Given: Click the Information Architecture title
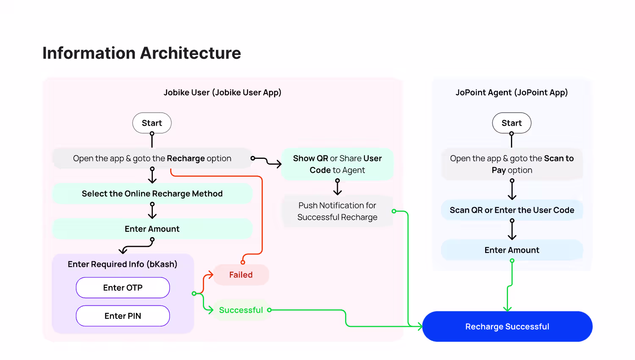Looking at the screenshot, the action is coord(141,53).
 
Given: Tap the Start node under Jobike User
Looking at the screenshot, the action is coord(152,123).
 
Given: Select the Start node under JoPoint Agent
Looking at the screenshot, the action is coord(512,123).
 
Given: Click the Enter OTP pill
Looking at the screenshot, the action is coord(123,288).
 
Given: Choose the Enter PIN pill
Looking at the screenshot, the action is coord(123,316).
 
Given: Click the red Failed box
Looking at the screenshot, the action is coord(241,274).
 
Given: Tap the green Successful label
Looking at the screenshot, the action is coord(241,310).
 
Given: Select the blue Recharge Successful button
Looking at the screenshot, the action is coord(507,327).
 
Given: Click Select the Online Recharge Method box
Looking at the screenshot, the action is coord(152,194).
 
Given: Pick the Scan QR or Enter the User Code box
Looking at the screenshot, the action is coord(512,210).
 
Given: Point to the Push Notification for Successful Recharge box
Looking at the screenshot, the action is coord(337,211).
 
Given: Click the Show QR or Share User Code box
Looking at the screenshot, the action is coord(337,164).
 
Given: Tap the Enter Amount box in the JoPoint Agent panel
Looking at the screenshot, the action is coord(512,250).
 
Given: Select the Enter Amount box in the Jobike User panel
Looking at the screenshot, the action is coord(152,229).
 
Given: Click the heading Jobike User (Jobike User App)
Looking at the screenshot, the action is coord(223,92).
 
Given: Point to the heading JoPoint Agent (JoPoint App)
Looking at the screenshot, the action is coord(512,92).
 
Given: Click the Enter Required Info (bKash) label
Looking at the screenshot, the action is coord(122,264).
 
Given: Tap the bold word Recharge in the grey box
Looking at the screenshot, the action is coord(186,158).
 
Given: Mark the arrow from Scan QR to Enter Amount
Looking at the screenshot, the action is coord(512,230).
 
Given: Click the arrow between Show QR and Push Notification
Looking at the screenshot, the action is coord(337,187).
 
